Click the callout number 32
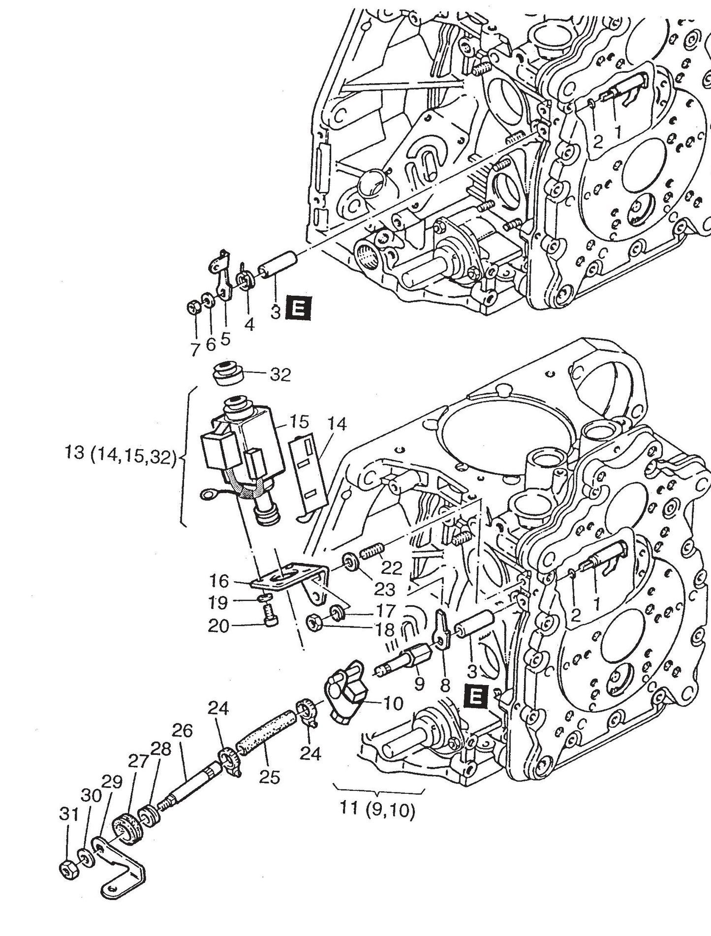tap(280, 375)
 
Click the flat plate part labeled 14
tap(308, 472)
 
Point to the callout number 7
tap(195, 350)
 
